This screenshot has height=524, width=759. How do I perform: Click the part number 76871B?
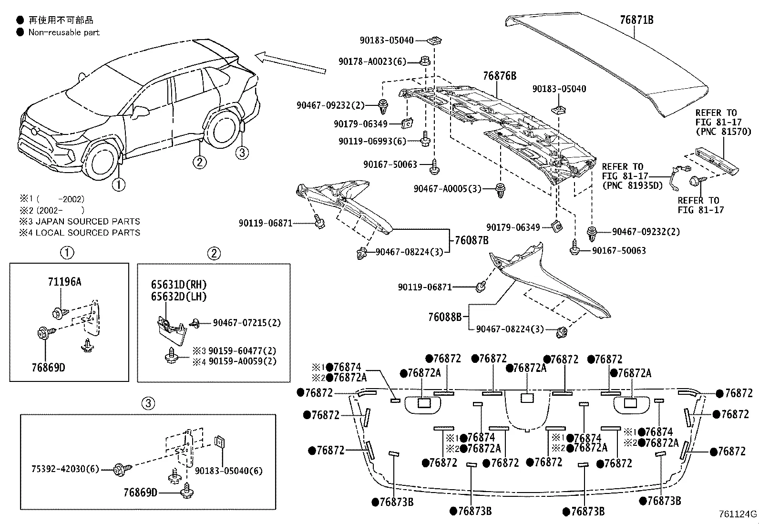pyautogui.click(x=636, y=20)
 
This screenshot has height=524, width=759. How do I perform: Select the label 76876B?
pyautogui.click(x=499, y=76)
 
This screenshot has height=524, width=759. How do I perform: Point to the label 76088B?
pyautogui.click(x=444, y=317)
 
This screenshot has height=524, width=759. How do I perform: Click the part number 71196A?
pyautogui.click(x=64, y=282)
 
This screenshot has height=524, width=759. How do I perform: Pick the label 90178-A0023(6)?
pyautogui.click(x=372, y=62)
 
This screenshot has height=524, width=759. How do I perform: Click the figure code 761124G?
pyautogui.click(x=738, y=514)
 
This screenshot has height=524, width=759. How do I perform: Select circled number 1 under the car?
pyautogui.click(x=118, y=184)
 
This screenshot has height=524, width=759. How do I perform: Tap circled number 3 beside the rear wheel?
pyautogui.click(x=242, y=153)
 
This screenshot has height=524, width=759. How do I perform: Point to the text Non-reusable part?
pyautogui.click(x=64, y=32)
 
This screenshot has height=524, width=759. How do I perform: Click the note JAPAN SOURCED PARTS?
pyautogui.click(x=87, y=222)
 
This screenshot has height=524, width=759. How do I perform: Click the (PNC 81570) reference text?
pyautogui.click(x=723, y=132)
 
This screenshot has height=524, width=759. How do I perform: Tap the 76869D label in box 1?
pyautogui.click(x=48, y=368)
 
